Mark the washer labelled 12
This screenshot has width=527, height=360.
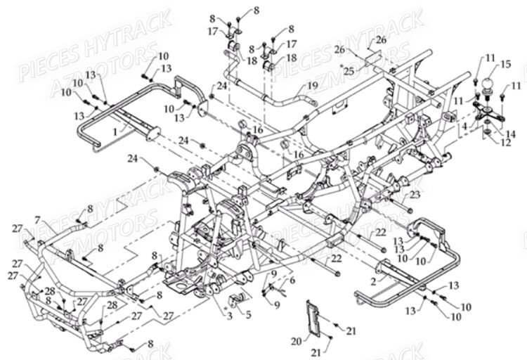tap(487, 131)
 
